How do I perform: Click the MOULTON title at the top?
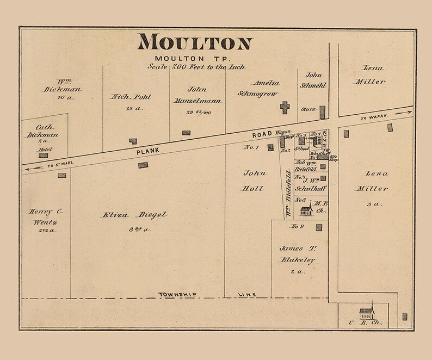point(195,42)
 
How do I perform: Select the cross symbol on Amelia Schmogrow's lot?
point(285,107)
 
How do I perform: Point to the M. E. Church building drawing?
point(307,209)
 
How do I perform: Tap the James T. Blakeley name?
point(298,254)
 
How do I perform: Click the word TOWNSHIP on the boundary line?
point(177,294)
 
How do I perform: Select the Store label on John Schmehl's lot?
point(308,109)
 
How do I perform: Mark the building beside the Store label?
point(322,112)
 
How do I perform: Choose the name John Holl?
point(254,181)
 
